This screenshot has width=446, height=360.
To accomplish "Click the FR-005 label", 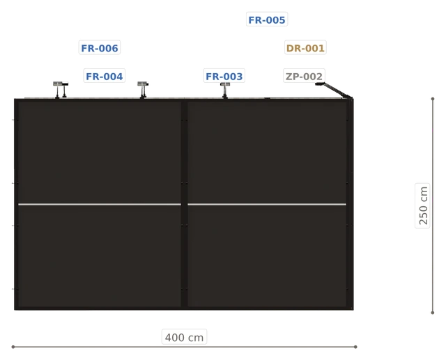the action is (267, 20).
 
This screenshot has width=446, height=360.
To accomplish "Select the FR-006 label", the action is (100, 48).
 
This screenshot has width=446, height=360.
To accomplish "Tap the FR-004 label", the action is (104, 76).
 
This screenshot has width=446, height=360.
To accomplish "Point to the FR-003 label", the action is (224, 76).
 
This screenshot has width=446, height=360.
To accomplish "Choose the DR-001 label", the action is (305, 48).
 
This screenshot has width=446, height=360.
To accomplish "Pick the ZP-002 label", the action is (304, 76).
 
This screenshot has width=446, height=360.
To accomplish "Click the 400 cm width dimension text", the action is (184, 337).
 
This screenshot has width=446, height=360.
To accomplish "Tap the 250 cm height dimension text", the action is (423, 205).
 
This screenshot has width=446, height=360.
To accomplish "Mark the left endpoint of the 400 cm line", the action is (13, 347).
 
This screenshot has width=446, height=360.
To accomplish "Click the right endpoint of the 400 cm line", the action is (355, 347).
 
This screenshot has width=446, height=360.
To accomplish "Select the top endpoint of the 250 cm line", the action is (433, 99).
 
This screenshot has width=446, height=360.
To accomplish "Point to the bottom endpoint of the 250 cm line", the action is (433, 313).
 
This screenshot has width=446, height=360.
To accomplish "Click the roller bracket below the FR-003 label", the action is (225, 91).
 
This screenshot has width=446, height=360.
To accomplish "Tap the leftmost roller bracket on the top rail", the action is (61, 90).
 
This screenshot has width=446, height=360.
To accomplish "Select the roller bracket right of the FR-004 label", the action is (143, 90).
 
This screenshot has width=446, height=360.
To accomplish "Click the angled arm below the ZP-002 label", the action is (334, 90).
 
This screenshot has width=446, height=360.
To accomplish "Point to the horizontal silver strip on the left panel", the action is (100, 204).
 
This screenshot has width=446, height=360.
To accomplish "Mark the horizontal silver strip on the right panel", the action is (267, 204).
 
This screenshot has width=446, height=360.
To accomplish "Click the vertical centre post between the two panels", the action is (184, 204).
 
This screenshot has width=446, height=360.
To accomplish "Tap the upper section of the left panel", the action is (100, 152).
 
